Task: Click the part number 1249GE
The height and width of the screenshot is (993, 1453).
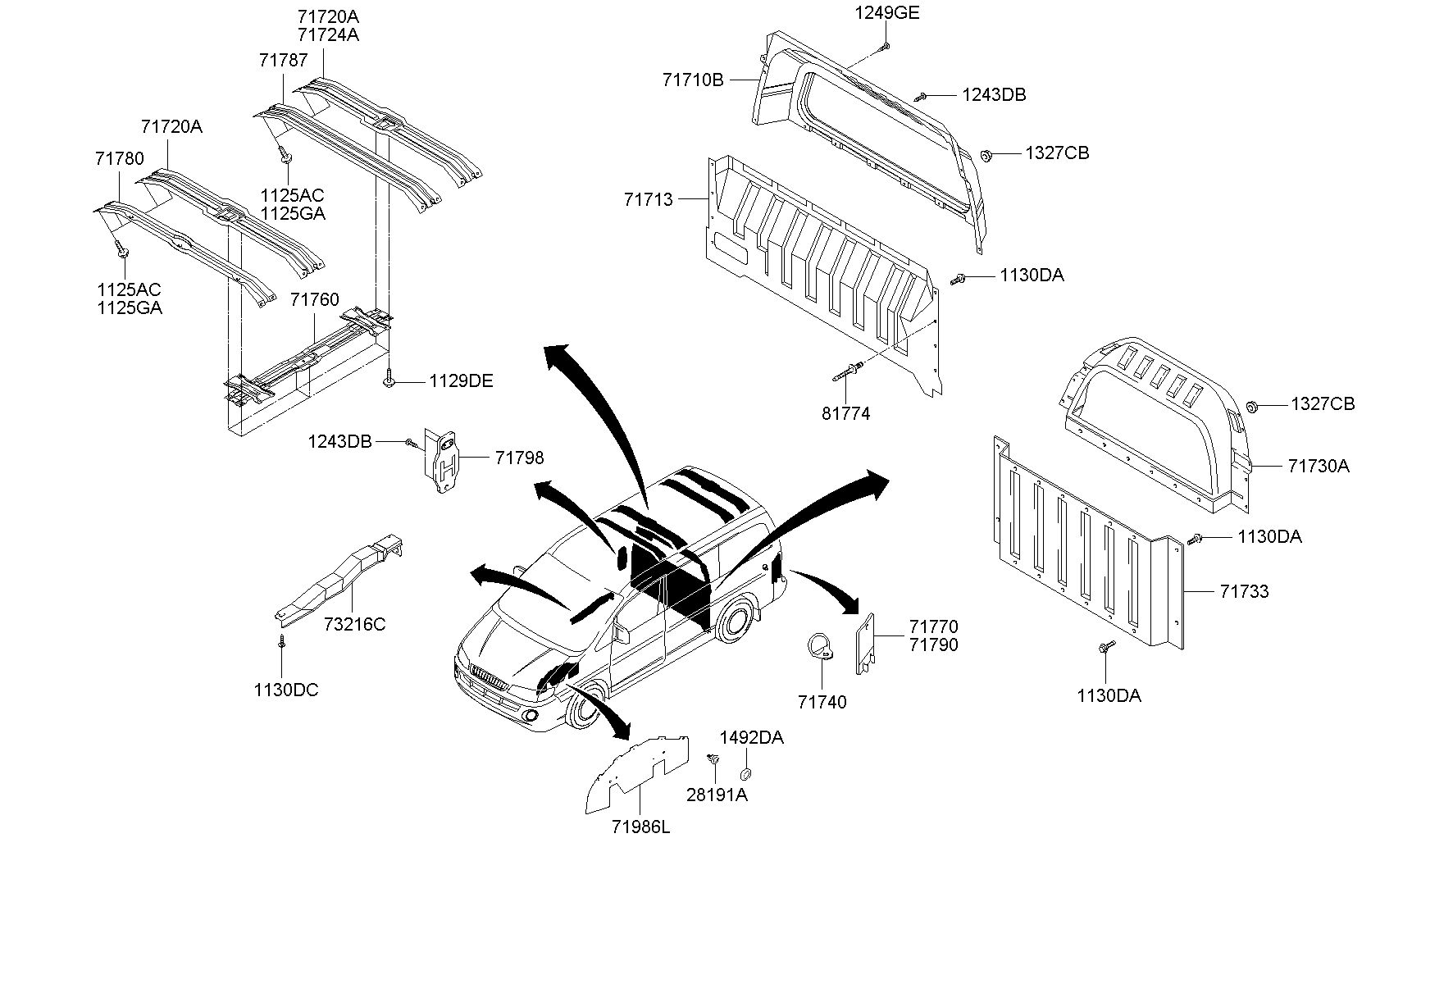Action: point(887,12)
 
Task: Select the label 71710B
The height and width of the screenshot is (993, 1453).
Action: point(693,80)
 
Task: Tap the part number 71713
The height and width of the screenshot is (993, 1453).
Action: point(648,199)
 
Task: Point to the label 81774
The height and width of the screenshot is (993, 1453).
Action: point(845,414)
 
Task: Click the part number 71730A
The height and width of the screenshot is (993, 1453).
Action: point(1319,466)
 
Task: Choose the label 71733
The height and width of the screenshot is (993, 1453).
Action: point(1244,591)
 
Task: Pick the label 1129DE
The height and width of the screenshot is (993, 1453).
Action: point(461,381)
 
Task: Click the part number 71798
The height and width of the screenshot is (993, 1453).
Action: point(519,458)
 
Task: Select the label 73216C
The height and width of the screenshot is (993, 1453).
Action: point(354,624)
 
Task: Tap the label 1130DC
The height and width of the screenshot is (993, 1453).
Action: point(286,690)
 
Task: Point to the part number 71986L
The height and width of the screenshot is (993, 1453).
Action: point(640,827)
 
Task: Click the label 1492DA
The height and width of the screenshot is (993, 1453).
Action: point(752,738)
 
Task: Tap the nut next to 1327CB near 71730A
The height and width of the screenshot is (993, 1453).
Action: point(1252,405)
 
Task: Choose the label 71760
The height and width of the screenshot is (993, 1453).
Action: point(314,300)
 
